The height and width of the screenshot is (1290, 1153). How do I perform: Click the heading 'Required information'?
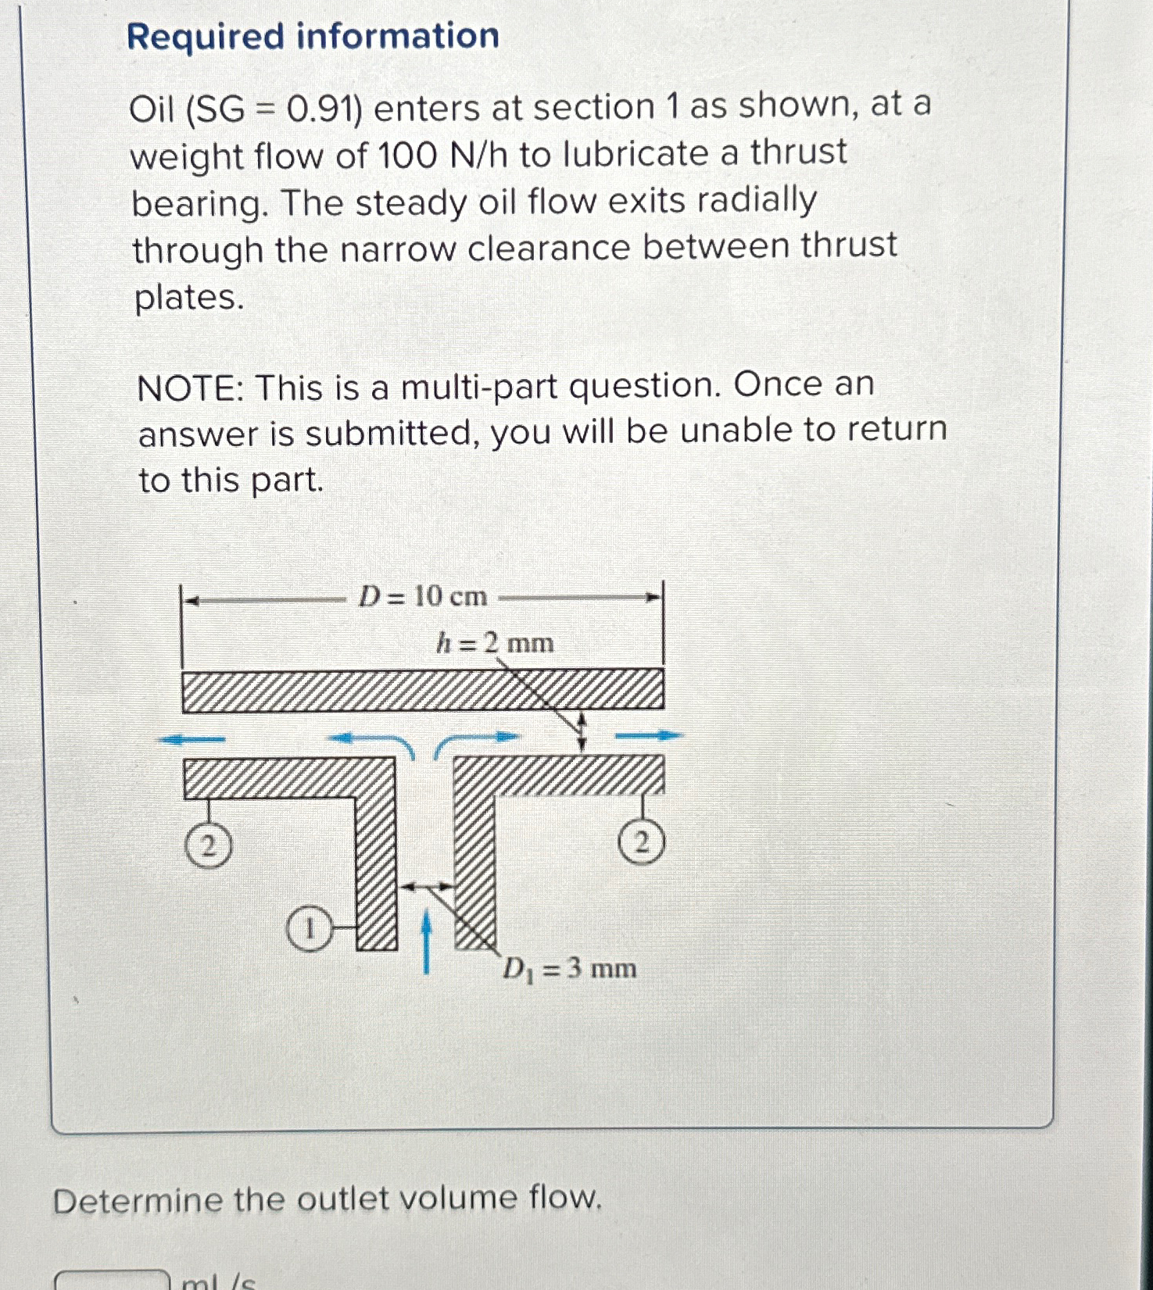coord(313,37)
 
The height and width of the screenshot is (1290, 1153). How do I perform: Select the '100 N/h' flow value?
coord(442,155)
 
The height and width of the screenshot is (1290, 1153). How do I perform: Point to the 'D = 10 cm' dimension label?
coord(422,598)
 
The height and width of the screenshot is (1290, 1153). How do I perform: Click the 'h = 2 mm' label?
coord(495,644)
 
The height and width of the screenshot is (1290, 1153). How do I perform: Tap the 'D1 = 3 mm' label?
coord(569,969)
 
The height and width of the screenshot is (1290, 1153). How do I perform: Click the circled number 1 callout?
coord(309,930)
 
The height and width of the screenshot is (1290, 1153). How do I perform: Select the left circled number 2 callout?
coord(208,846)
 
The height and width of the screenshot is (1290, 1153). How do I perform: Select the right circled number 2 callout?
coord(641,843)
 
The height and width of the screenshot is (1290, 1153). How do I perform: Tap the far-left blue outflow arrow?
coord(192,739)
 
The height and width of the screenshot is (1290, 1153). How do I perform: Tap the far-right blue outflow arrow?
coord(649,735)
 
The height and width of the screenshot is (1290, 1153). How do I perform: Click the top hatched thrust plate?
coord(422,691)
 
